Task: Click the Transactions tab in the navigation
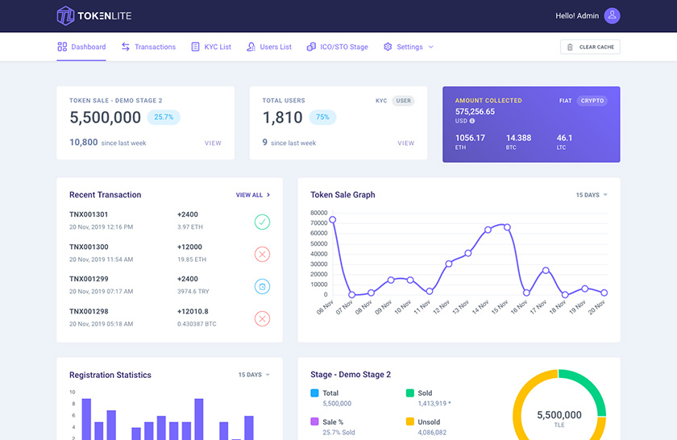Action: point(148,47)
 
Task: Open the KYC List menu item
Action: point(211,47)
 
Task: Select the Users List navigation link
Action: point(269,47)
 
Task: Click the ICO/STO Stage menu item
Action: point(338,47)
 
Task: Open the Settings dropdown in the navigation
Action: point(409,47)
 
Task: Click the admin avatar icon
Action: point(612,15)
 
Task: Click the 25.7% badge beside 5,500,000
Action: point(164,117)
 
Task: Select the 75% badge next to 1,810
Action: point(322,117)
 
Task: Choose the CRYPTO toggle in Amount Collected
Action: point(592,101)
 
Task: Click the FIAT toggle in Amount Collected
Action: point(566,101)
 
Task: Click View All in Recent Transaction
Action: point(252,195)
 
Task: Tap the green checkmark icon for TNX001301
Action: point(262,222)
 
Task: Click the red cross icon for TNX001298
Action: point(262,318)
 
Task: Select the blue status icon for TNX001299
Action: point(262,286)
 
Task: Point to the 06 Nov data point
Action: point(332,219)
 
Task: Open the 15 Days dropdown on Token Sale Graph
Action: point(592,195)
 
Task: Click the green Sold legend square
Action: point(409,393)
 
